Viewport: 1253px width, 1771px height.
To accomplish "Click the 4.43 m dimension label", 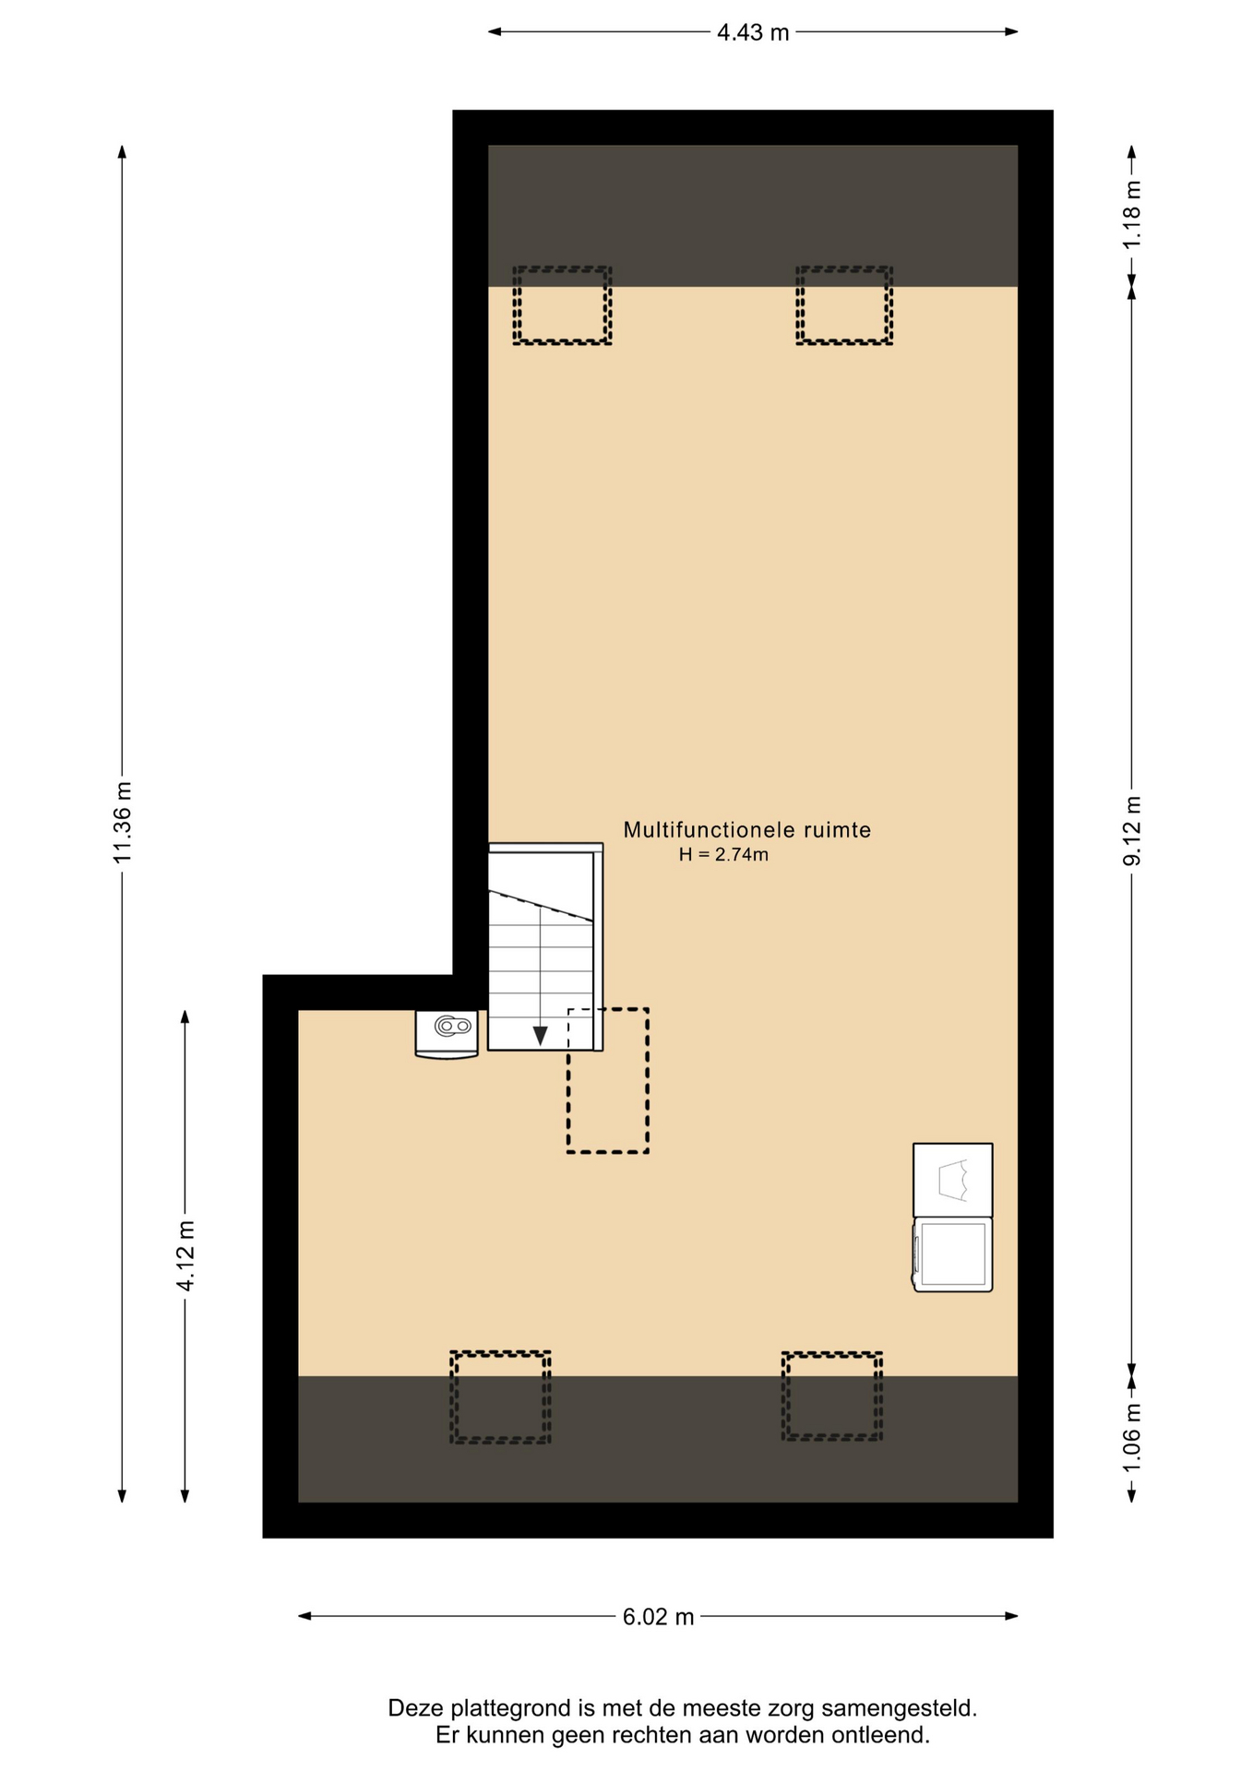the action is pos(753,33).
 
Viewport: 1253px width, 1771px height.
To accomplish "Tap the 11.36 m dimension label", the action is pos(123,822).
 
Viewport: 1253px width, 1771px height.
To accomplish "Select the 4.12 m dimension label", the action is pos(185,1255).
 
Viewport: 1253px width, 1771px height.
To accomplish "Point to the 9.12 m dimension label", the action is pos(1132,830).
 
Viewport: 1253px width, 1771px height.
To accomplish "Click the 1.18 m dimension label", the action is pos(1132,214).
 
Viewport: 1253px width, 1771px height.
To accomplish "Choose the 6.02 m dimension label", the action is pos(658,1617).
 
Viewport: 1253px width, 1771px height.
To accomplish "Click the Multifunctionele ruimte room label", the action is pos(747,830).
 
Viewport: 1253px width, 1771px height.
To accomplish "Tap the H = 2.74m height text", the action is pos(723,855).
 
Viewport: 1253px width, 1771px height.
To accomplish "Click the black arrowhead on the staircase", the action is pos(540,1036).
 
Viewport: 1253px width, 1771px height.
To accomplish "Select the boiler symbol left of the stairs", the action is pos(447,1034).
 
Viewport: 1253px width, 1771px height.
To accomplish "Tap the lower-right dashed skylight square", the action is pos(832,1353).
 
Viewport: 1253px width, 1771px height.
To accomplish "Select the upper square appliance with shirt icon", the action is pos(953,1181).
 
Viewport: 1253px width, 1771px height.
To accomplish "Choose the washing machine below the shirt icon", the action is pos(953,1254).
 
